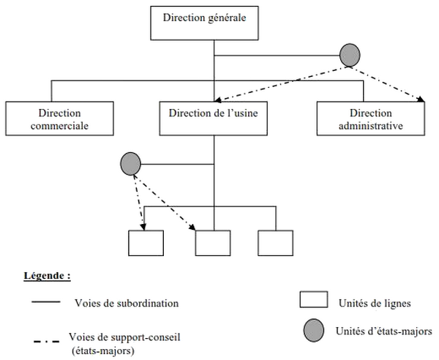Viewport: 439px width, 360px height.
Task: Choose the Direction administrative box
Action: point(371,119)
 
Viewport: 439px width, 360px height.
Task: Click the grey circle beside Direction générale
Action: point(350,54)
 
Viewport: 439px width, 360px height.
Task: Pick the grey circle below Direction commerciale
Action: point(131,163)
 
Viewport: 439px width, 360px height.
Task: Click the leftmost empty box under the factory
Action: point(145,243)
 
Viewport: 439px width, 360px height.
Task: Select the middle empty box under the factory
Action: point(213,243)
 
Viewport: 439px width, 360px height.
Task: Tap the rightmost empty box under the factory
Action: point(275,243)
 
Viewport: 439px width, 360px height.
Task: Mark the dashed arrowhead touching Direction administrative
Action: point(421,100)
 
